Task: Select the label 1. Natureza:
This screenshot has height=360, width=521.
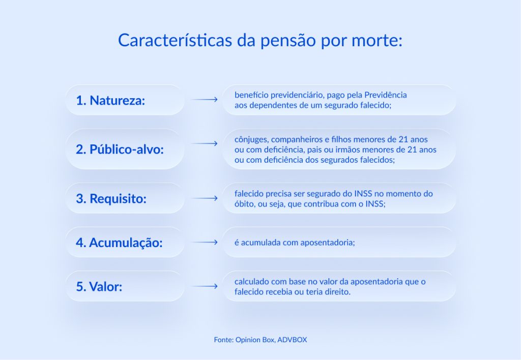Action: (x=110, y=100)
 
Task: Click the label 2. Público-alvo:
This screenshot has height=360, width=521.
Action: (x=120, y=149)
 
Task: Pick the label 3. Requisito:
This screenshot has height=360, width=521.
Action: (x=111, y=199)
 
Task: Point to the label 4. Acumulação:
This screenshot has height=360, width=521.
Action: (x=119, y=243)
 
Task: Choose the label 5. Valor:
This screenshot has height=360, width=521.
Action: (x=99, y=287)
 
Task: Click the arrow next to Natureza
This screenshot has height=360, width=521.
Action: (x=204, y=100)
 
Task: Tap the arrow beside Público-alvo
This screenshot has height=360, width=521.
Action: (x=204, y=144)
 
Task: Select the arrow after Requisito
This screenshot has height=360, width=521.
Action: (x=204, y=198)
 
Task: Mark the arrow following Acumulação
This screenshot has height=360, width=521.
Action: (x=204, y=243)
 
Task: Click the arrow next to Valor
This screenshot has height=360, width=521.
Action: (x=204, y=287)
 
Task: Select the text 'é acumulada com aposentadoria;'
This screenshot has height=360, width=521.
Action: (x=295, y=243)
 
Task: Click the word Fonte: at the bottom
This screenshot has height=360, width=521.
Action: (x=223, y=339)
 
